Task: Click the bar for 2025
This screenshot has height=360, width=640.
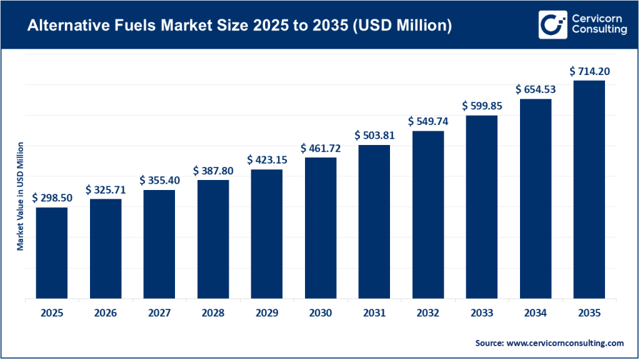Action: [x=51, y=253]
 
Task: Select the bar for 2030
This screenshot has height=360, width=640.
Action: [x=321, y=228]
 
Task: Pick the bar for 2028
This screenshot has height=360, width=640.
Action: [x=213, y=239]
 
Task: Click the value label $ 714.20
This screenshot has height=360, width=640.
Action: [x=589, y=71]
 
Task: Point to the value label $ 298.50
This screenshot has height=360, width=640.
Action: [x=51, y=198]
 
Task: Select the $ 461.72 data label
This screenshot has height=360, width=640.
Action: [x=321, y=148]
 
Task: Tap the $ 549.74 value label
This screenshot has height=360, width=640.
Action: [x=428, y=121]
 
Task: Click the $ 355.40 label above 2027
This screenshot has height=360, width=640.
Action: [x=159, y=180]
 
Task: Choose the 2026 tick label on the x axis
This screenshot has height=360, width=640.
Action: [x=106, y=313]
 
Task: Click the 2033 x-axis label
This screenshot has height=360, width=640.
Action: [x=482, y=313]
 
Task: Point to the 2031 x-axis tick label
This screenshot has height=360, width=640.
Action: [x=374, y=313]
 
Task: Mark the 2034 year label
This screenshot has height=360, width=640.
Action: [x=536, y=313]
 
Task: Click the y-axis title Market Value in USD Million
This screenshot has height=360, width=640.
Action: [x=20, y=196]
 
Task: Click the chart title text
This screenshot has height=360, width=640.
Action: [x=241, y=26]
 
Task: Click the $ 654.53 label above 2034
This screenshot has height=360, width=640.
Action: [x=536, y=89]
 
